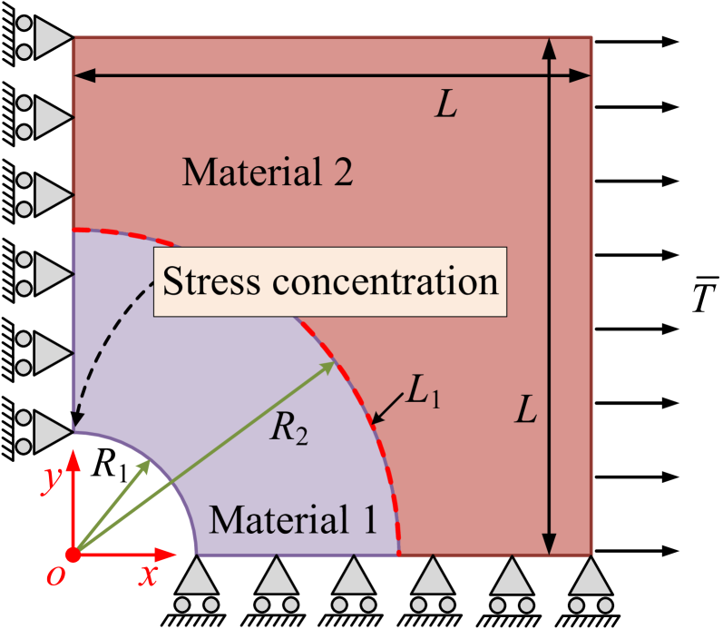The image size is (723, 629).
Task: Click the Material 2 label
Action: [x=267, y=171]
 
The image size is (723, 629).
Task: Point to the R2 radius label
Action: [x=289, y=429]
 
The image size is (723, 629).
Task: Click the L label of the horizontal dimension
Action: [x=445, y=106]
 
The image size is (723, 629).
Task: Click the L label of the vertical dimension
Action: [x=526, y=412]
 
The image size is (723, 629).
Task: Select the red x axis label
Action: [x=148, y=575]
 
